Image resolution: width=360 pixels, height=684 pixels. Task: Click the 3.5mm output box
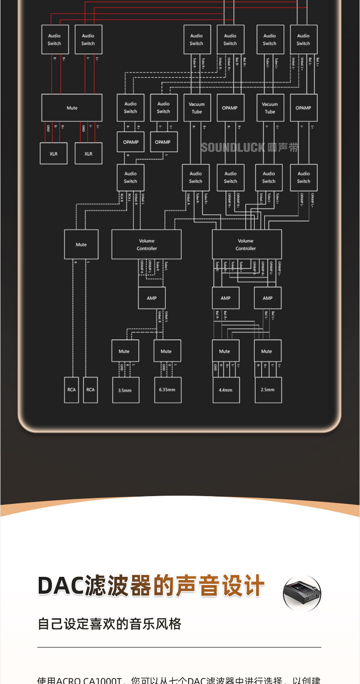[x=126, y=390]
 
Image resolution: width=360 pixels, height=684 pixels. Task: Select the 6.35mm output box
[x=167, y=390]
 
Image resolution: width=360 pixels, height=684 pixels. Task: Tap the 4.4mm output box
[x=226, y=390]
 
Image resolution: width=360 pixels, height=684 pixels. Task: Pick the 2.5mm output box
[x=267, y=390]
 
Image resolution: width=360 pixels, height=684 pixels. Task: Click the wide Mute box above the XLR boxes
[x=72, y=108]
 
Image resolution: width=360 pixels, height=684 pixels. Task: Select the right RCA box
[x=91, y=390]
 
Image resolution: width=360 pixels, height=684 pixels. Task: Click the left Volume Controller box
[x=146, y=244]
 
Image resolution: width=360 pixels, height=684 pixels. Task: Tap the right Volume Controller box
[x=247, y=244]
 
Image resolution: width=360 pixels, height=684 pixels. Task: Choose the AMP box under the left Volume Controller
[x=152, y=298]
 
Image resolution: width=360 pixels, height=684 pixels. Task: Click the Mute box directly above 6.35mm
[x=167, y=351]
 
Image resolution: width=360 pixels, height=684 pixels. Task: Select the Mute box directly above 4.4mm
[x=225, y=351]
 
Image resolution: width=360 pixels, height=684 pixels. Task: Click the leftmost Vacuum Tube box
[x=197, y=108]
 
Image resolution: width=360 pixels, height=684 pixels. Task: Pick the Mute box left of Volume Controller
[x=81, y=244]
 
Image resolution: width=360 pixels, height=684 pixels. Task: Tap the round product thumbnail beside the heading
[x=302, y=593]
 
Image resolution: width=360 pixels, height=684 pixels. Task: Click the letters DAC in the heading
[x=61, y=586]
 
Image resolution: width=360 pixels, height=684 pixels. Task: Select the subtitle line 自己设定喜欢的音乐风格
[x=109, y=624]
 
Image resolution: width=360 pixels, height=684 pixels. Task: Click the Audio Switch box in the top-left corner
[x=55, y=40]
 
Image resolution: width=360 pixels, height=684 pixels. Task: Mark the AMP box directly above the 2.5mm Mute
[x=267, y=298]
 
